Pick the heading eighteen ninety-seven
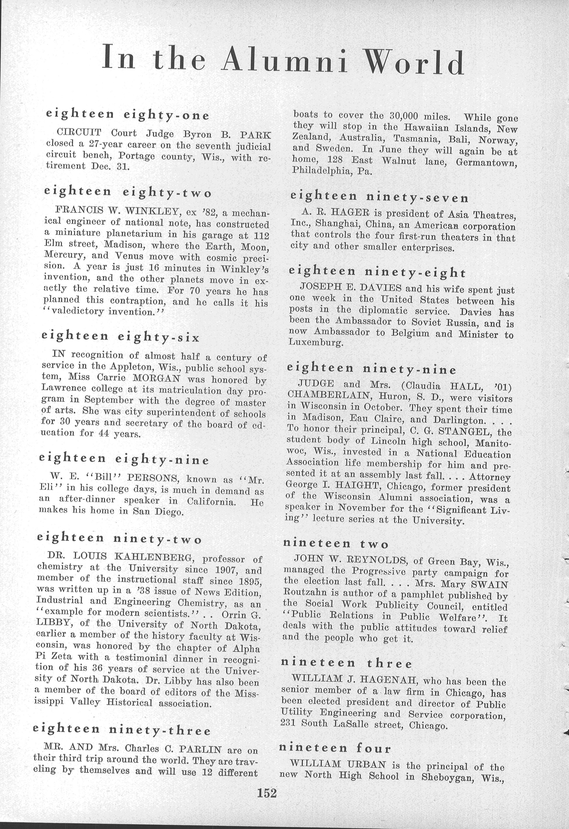[x=379, y=197]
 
